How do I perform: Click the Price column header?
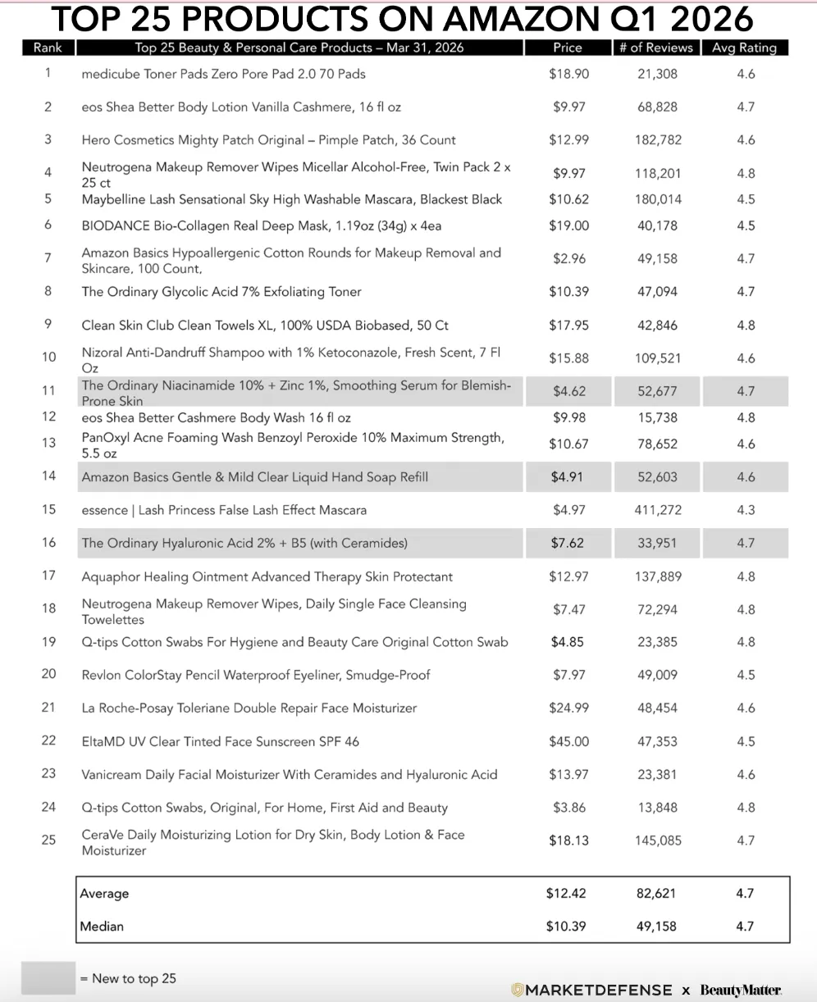click(568, 48)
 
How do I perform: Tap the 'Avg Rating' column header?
click(744, 48)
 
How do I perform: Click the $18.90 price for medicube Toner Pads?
click(568, 74)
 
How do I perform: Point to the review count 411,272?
click(658, 510)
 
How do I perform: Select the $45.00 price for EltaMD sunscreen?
click(568, 741)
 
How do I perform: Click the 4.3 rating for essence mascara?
click(746, 510)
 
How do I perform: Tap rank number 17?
click(48, 576)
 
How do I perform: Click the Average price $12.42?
click(566, 893)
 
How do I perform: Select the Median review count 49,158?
click(656, 926)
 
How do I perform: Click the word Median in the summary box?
click(103, 926)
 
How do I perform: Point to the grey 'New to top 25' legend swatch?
click(48, 977)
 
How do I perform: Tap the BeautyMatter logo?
click(740, 990)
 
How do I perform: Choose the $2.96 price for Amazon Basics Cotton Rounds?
click(568, 258)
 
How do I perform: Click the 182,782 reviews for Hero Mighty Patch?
click(658, 139)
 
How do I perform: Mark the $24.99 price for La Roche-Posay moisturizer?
click(568, 708)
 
